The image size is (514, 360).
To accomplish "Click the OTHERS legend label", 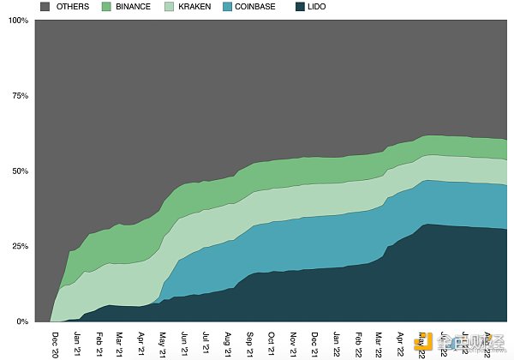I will coord(72,7).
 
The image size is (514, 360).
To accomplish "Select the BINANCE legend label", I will coord(133,7).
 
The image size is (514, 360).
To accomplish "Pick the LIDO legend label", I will coord(316,7).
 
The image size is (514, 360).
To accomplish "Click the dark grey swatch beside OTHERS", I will coord(45,7).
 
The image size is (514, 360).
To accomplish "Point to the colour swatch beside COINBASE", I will coord(228,7).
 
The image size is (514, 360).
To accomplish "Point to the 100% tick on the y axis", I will coord(18,20).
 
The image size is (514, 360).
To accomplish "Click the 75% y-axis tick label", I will coord(20,96).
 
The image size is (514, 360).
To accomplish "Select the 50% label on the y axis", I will coord(20,171).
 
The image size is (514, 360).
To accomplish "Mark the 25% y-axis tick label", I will coord(20,247).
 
